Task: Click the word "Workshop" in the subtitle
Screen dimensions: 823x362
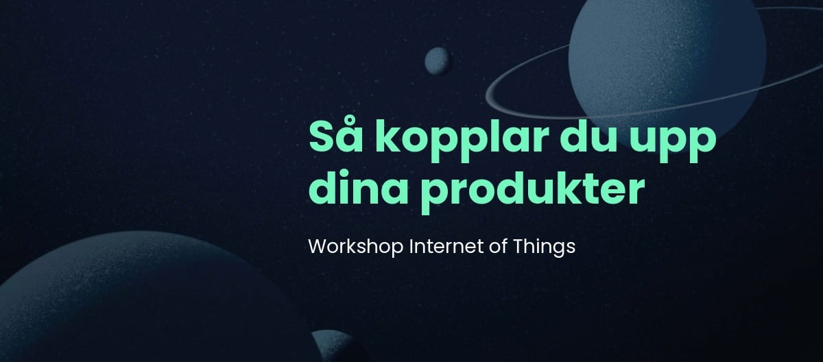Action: pos(356,247)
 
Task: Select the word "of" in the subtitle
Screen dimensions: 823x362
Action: pos(498,246)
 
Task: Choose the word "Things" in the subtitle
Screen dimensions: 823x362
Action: pos(544,248)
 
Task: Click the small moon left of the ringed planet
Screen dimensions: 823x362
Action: pos(437,61)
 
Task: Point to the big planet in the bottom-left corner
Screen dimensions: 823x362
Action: pos(147,298)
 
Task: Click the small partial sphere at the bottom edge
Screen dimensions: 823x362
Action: pos(335,347)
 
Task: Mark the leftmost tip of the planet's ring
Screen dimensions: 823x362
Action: pos(486,96)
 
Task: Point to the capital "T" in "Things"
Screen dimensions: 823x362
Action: pos(519,246)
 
